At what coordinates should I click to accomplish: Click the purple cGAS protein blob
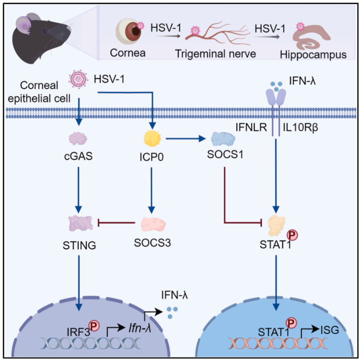click(x=79, y=138)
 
